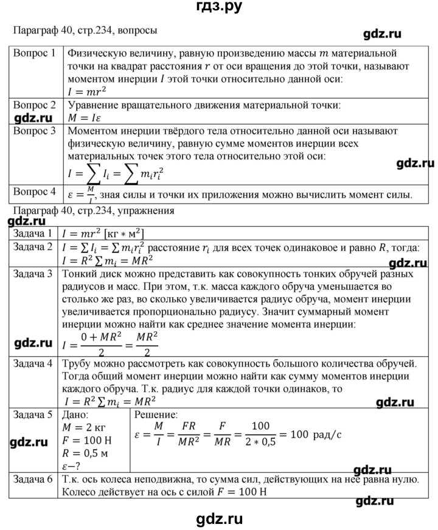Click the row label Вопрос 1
point(35,53)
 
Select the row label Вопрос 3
point(35,130)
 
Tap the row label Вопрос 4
point(35,193)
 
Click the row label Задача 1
point(32,234)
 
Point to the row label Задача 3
point(32,274)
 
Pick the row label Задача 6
point(32,480)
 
